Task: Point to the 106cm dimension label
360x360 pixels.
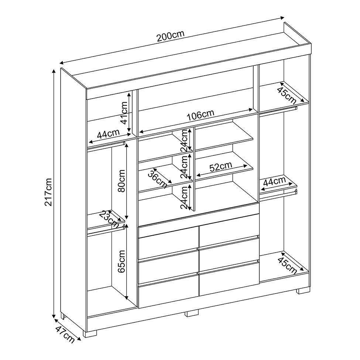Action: click(200, 115)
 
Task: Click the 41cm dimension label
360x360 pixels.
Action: click(124, 113)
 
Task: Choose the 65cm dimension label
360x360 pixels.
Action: click(121, 261)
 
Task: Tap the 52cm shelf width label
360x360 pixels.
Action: click(221, 167)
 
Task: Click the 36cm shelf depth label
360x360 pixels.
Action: click(158, 178)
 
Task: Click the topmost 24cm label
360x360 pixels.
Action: click(185, 140)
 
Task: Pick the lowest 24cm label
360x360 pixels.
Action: click(185, 197)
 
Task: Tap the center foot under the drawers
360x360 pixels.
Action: click(192, 313)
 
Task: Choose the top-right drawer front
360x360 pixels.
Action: click(229, 230)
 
